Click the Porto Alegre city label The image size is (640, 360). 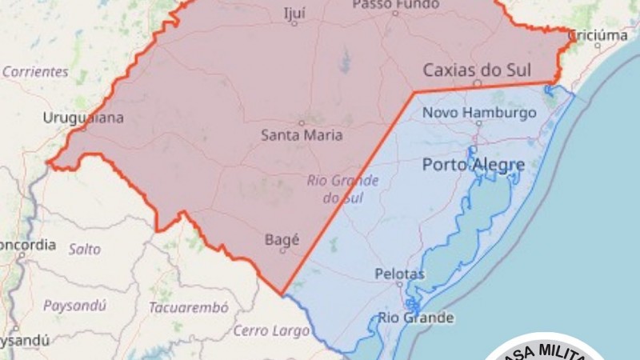click(474, 166)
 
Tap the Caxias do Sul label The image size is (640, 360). click(477, 70)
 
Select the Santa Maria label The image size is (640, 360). click(302, 135)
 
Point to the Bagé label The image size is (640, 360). click(282, 238)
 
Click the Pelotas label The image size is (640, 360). click(400, 274)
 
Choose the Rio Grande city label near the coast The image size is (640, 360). click(416, 318)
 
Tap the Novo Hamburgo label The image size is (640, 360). click(479, 113)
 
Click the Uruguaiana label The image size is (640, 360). click(84, 118)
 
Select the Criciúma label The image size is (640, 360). click(598, 34)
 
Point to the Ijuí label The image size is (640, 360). click(294, 13)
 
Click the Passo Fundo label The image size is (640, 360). click(395, 5)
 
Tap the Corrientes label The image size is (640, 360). click(35, 71)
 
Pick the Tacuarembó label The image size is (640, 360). click(189, 307)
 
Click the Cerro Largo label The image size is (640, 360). click(270, 330)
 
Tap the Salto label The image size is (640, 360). click(85, 249)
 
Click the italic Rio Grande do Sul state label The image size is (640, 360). click(343, 188)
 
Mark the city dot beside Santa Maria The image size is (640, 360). click(302, 122)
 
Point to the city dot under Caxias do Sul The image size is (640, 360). click(477, 82)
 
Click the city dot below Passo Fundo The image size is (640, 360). click(395, 14)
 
